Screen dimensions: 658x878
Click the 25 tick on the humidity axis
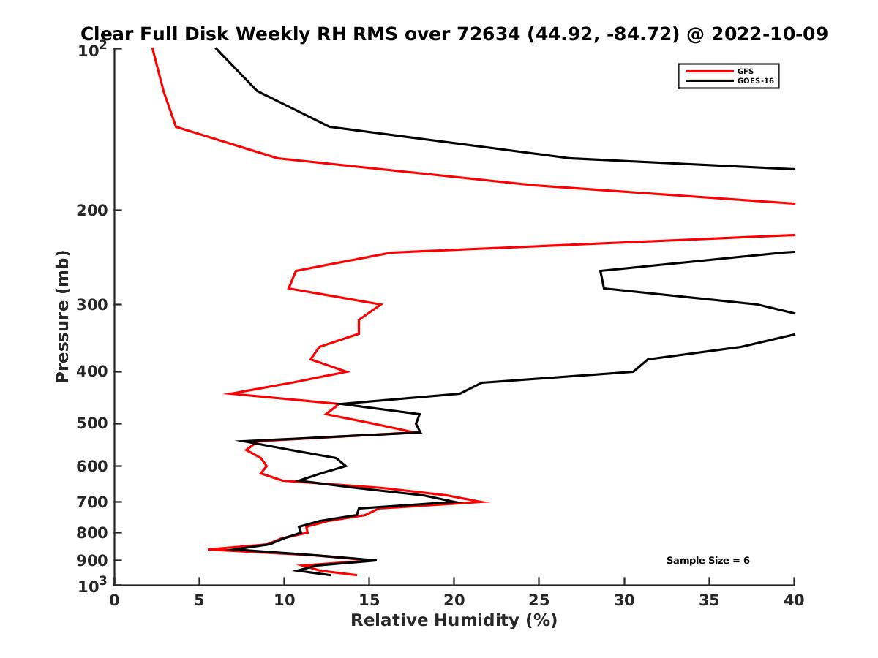539,601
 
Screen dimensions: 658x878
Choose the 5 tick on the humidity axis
200,601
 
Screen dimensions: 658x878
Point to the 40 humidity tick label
794,601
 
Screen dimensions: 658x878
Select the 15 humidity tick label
369,601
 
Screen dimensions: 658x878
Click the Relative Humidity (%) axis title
454,621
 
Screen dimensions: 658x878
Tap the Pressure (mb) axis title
62,316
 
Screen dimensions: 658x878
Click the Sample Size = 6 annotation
708,561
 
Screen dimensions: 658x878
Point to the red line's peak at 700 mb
487,502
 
